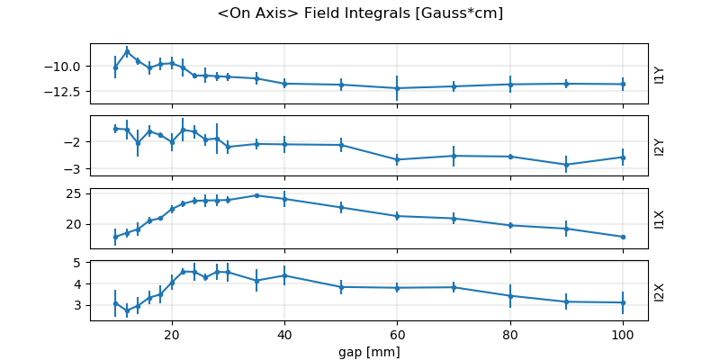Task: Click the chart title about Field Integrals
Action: click(360, 13)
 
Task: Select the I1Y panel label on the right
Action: click(660, 74)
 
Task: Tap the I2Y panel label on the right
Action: click(660, 146)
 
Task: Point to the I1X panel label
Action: click(660, 219)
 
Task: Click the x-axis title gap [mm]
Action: click(369, 350)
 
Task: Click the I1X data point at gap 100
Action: click(623, 237)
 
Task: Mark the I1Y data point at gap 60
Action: click(397, 88)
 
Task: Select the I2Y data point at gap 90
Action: click(566, 165)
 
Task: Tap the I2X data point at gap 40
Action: click(284, 275)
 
